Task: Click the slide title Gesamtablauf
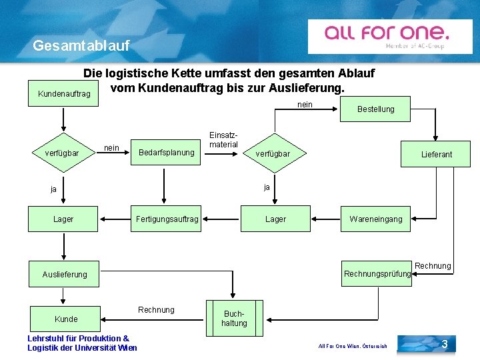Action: (x=81, y=46)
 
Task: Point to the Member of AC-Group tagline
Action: (x=415, y=46)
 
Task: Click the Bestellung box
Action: (x=375, y=109)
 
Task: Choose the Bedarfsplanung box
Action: (x=166, y=153)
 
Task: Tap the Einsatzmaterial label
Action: (x=223, y=140)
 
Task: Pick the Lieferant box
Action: (x=436, y=154)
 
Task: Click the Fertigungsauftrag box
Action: (x=167, y=219)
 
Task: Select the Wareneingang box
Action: (x=375, y=219)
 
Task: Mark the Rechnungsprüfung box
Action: (x=377, y=274)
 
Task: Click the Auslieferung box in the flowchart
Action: (x=65, y=274)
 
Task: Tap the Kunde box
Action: (x=66, y=319)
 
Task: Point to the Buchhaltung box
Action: (x=234, y=319)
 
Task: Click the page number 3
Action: (x=444, y=344)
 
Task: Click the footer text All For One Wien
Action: (x=353, y=346)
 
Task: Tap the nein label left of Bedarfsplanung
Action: (x=112, y=147)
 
